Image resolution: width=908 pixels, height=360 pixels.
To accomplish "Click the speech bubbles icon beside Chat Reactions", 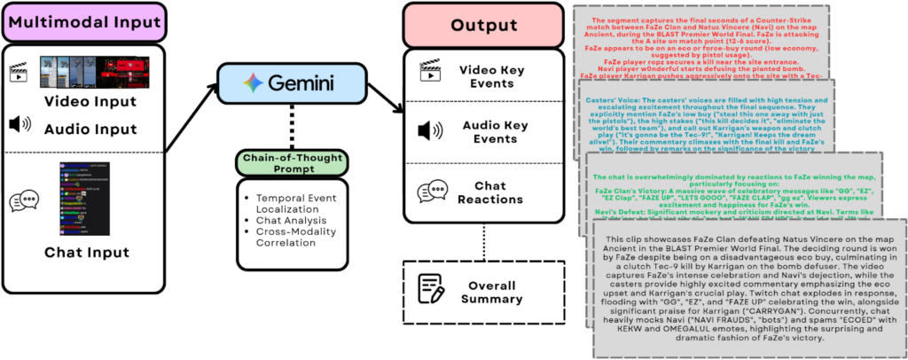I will [x=432, y=192].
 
